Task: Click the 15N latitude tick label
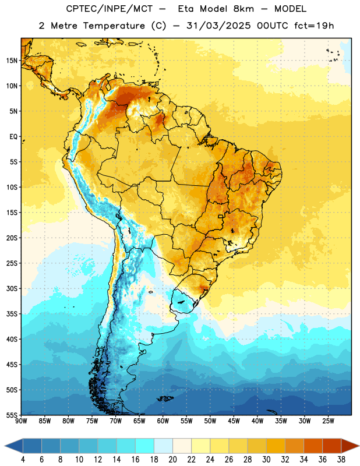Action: [x=12, y=61]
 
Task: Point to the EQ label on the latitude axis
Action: [x=13, y=137]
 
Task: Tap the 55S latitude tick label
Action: [x=12, y=415]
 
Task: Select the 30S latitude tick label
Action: [x=12, y=288]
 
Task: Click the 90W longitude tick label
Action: [x=21, y=421]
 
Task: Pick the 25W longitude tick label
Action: [x=328, y=421]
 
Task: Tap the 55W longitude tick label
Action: [x=186, y=421]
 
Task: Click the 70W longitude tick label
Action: [x=116, y=421]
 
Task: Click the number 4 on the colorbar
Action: [x=23, y=460]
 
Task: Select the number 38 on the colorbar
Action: [x=341, y=460]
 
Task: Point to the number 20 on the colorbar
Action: [x=172, y=460]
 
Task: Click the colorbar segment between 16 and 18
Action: [x=144, y=446]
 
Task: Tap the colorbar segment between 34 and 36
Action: [x=313, y=446]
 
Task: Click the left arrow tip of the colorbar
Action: [x=5, y=446]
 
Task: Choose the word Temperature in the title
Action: [x=114, y=26]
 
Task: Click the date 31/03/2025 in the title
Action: [x=219, y=26]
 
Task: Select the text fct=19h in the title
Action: [x=314, y=26]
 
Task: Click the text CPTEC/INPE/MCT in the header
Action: [x=110, y=9]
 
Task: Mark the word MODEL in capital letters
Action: [x=290, y=9]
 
